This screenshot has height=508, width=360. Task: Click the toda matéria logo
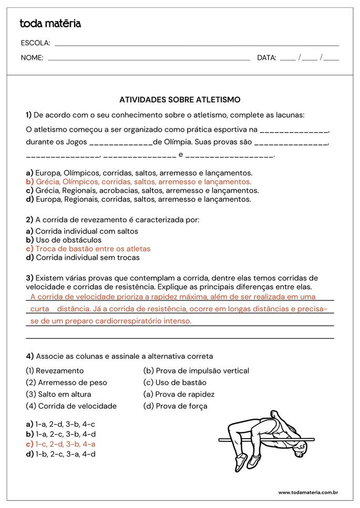pos(50,24)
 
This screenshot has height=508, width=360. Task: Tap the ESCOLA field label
pos(35,43)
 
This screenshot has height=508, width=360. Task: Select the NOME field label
pos(32,58)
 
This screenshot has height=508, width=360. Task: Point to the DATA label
pos(266,58)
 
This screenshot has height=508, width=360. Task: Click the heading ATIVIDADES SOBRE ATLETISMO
pos(180,99)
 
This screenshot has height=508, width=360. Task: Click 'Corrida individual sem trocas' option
pos(83,257)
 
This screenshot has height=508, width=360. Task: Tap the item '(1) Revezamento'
pos(55,370)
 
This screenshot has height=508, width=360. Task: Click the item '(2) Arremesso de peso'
pos(66,382)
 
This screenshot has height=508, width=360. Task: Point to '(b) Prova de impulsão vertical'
pos(196,370)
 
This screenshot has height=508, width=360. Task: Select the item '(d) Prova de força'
pos(175,406)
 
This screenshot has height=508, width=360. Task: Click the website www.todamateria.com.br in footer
pos(307,492)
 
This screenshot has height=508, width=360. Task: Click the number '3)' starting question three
pos(30,277)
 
